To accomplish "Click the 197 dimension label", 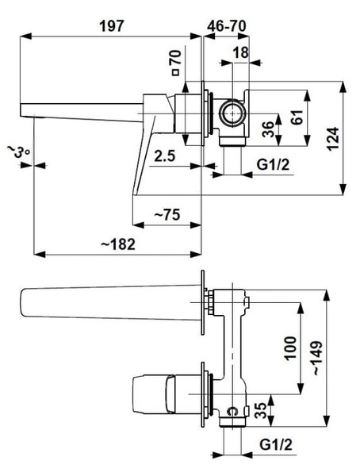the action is pyautogui.click(x=112, y=26).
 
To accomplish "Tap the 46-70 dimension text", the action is pyautogui.click(x=227, y=26).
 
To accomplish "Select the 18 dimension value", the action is pyautogui.click(x=241, y=53).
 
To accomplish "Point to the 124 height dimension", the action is pyautogui.click(x=333, y=139).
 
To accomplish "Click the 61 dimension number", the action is pyautogui.click(x=297, y=117).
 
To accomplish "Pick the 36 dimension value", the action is pyautogui.click(x=268, y=129).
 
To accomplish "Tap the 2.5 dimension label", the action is pyautogui.click(x=165, y=156).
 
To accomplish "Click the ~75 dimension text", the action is pyautogui.click(x=167, y=215).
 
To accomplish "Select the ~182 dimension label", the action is pyautogui.click(x=118, y=244).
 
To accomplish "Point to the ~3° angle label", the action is pyautogui.click(x=18, y=151).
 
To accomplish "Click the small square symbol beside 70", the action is pyautogui.click(x=175, y=72).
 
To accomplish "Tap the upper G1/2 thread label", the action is pyautogui.click(x=274, y=165).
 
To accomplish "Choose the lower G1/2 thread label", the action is pyautogui.click(x=276, y=445).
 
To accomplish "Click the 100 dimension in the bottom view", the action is pyautogui.click(x=290, y=348).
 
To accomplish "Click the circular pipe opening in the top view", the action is pyautogui.click(x=232, y=113).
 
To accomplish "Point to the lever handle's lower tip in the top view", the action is pyautogui.click(x=133, y=194).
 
